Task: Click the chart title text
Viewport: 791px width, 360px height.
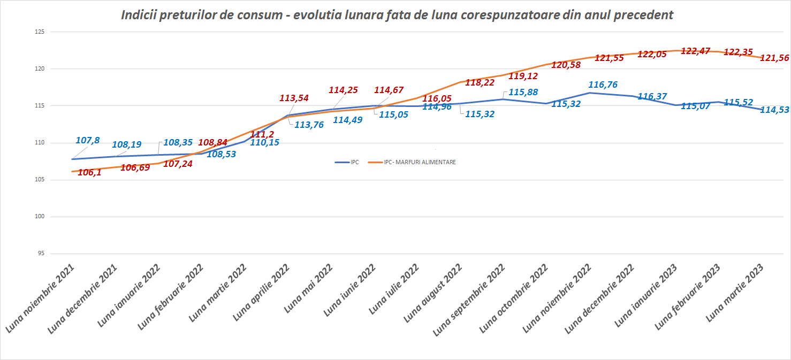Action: (x=397, y=15)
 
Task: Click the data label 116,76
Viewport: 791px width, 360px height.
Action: (x=604, y=85)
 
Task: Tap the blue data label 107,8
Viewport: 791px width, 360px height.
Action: (x=88, y=141)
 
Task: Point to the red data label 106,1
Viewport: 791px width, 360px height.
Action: (x=89, y=172)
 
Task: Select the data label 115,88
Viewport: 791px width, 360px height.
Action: (x=523, y=92)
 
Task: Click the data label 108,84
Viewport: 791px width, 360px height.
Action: (x=212, y=142)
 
